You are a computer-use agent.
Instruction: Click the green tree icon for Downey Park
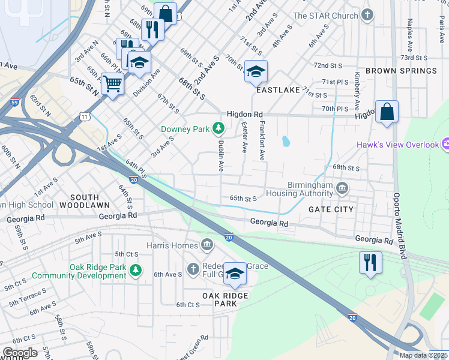(219, 128)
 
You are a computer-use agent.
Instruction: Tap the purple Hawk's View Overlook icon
(445, 144)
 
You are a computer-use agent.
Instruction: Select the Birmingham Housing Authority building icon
(342, 189)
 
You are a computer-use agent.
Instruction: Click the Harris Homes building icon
(207, 245)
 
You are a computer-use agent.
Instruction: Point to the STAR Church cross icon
(367, 15)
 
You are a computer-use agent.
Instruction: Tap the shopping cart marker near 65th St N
(112, 83)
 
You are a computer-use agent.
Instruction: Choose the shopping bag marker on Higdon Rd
(387, 111)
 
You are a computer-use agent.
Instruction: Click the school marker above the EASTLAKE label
(256, 71)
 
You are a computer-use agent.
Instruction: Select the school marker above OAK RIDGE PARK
(235, 273)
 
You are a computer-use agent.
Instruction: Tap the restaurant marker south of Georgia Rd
(370, 262)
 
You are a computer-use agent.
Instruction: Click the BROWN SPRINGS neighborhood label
(401, 71)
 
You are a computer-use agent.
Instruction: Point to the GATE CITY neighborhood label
(331, 209)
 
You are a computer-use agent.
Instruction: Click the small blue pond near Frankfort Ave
(286, 142)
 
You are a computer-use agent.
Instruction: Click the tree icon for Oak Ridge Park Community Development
(136, 271)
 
